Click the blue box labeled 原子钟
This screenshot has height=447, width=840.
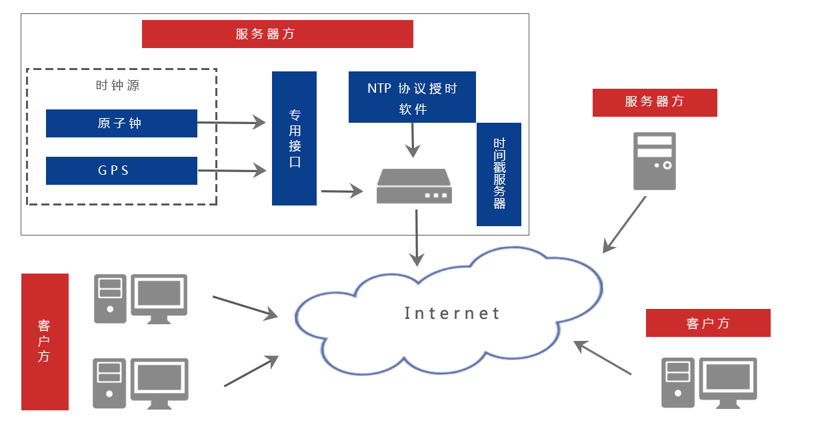tap(121, 123)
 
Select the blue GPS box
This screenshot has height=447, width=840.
tap(121, 171)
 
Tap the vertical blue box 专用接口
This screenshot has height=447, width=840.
tap(294, 138)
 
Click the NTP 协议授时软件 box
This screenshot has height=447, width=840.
tap(412, 97)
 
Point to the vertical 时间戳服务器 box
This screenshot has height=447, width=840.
tap(499, 174)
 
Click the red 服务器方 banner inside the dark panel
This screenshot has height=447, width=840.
tap(277, 34)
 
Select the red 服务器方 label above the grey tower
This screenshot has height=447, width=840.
tap(654, 102)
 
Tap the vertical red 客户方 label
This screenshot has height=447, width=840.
tap(45, 342)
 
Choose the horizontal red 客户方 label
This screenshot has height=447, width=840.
tap(707, 324)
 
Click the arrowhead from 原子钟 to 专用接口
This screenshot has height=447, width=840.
tap(259, 123)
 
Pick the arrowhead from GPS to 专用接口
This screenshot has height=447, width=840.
tap(259, 171)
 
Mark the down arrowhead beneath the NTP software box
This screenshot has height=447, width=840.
tap(413, 151)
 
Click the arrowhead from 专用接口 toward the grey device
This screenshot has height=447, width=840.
tap(356, 191)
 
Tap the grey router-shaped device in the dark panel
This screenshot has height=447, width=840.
tap(414, 186)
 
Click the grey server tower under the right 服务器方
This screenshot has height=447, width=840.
tap(654, 161)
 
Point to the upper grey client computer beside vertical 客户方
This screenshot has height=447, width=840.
tap(140, 298)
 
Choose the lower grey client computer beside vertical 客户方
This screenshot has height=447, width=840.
tap(140, 383)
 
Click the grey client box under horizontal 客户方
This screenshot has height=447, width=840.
tap(709, 383)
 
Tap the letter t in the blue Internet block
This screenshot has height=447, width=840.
tap(495, 314)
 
